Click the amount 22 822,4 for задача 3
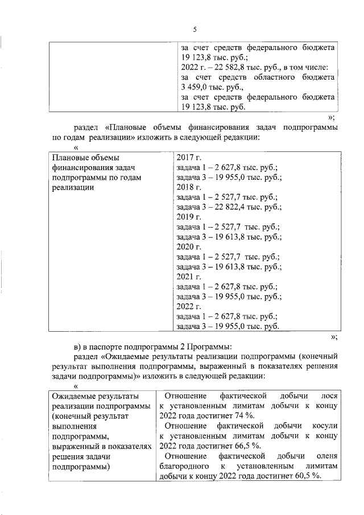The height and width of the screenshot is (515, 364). [x=233, y=207]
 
